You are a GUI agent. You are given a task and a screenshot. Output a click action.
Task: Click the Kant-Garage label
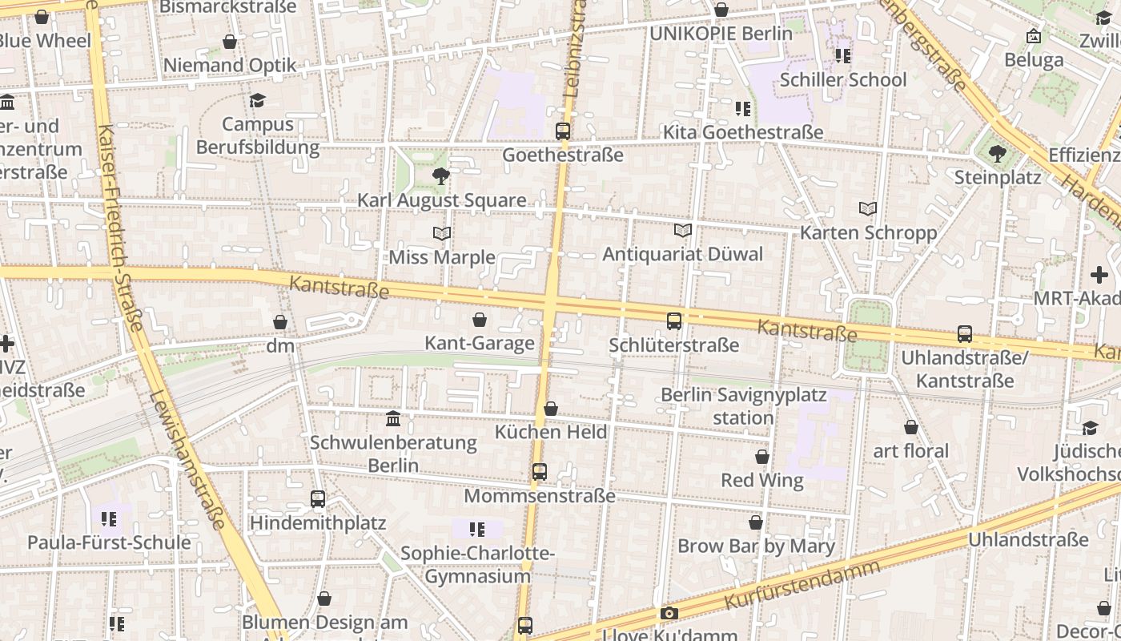click(x=479, y=344)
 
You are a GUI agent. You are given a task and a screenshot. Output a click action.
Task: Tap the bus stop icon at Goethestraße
click(x=563, y=131)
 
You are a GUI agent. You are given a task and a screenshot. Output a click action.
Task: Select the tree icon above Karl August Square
click(x=440, y=176)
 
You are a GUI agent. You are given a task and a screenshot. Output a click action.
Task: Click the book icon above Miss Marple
click(x=441, y=233)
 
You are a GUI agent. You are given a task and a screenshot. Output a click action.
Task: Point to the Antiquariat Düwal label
click(x=682, y=255)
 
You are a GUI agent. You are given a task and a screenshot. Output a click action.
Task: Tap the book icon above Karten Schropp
click(x=868, y=209)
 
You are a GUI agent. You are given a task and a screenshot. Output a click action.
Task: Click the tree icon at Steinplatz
click(x=997, y=153)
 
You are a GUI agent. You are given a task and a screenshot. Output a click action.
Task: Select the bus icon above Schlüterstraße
click(x=674, y=321)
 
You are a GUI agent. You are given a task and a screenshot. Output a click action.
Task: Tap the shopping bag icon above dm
click(x=280, y=322)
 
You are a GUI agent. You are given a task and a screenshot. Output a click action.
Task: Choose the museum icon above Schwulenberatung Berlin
click(x=393, y=419)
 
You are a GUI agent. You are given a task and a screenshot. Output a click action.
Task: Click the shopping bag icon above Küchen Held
click(x=551, y=409)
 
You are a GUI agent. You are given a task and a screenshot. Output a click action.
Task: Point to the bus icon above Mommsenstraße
click(x=540, y=472)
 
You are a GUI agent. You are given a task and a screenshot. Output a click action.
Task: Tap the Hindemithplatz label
click(x=318, y=523)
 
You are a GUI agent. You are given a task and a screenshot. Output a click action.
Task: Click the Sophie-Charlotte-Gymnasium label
click(x=477, y=565)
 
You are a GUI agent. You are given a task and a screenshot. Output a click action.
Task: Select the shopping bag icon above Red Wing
click(x=762, y=457)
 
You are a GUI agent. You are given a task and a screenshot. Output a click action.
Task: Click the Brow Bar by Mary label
click(x=756, y=546)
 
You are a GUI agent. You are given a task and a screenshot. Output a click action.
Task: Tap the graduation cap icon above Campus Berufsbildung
click(x=257, y=100)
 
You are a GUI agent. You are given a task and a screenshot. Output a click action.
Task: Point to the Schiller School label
click(x=843, y=80)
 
